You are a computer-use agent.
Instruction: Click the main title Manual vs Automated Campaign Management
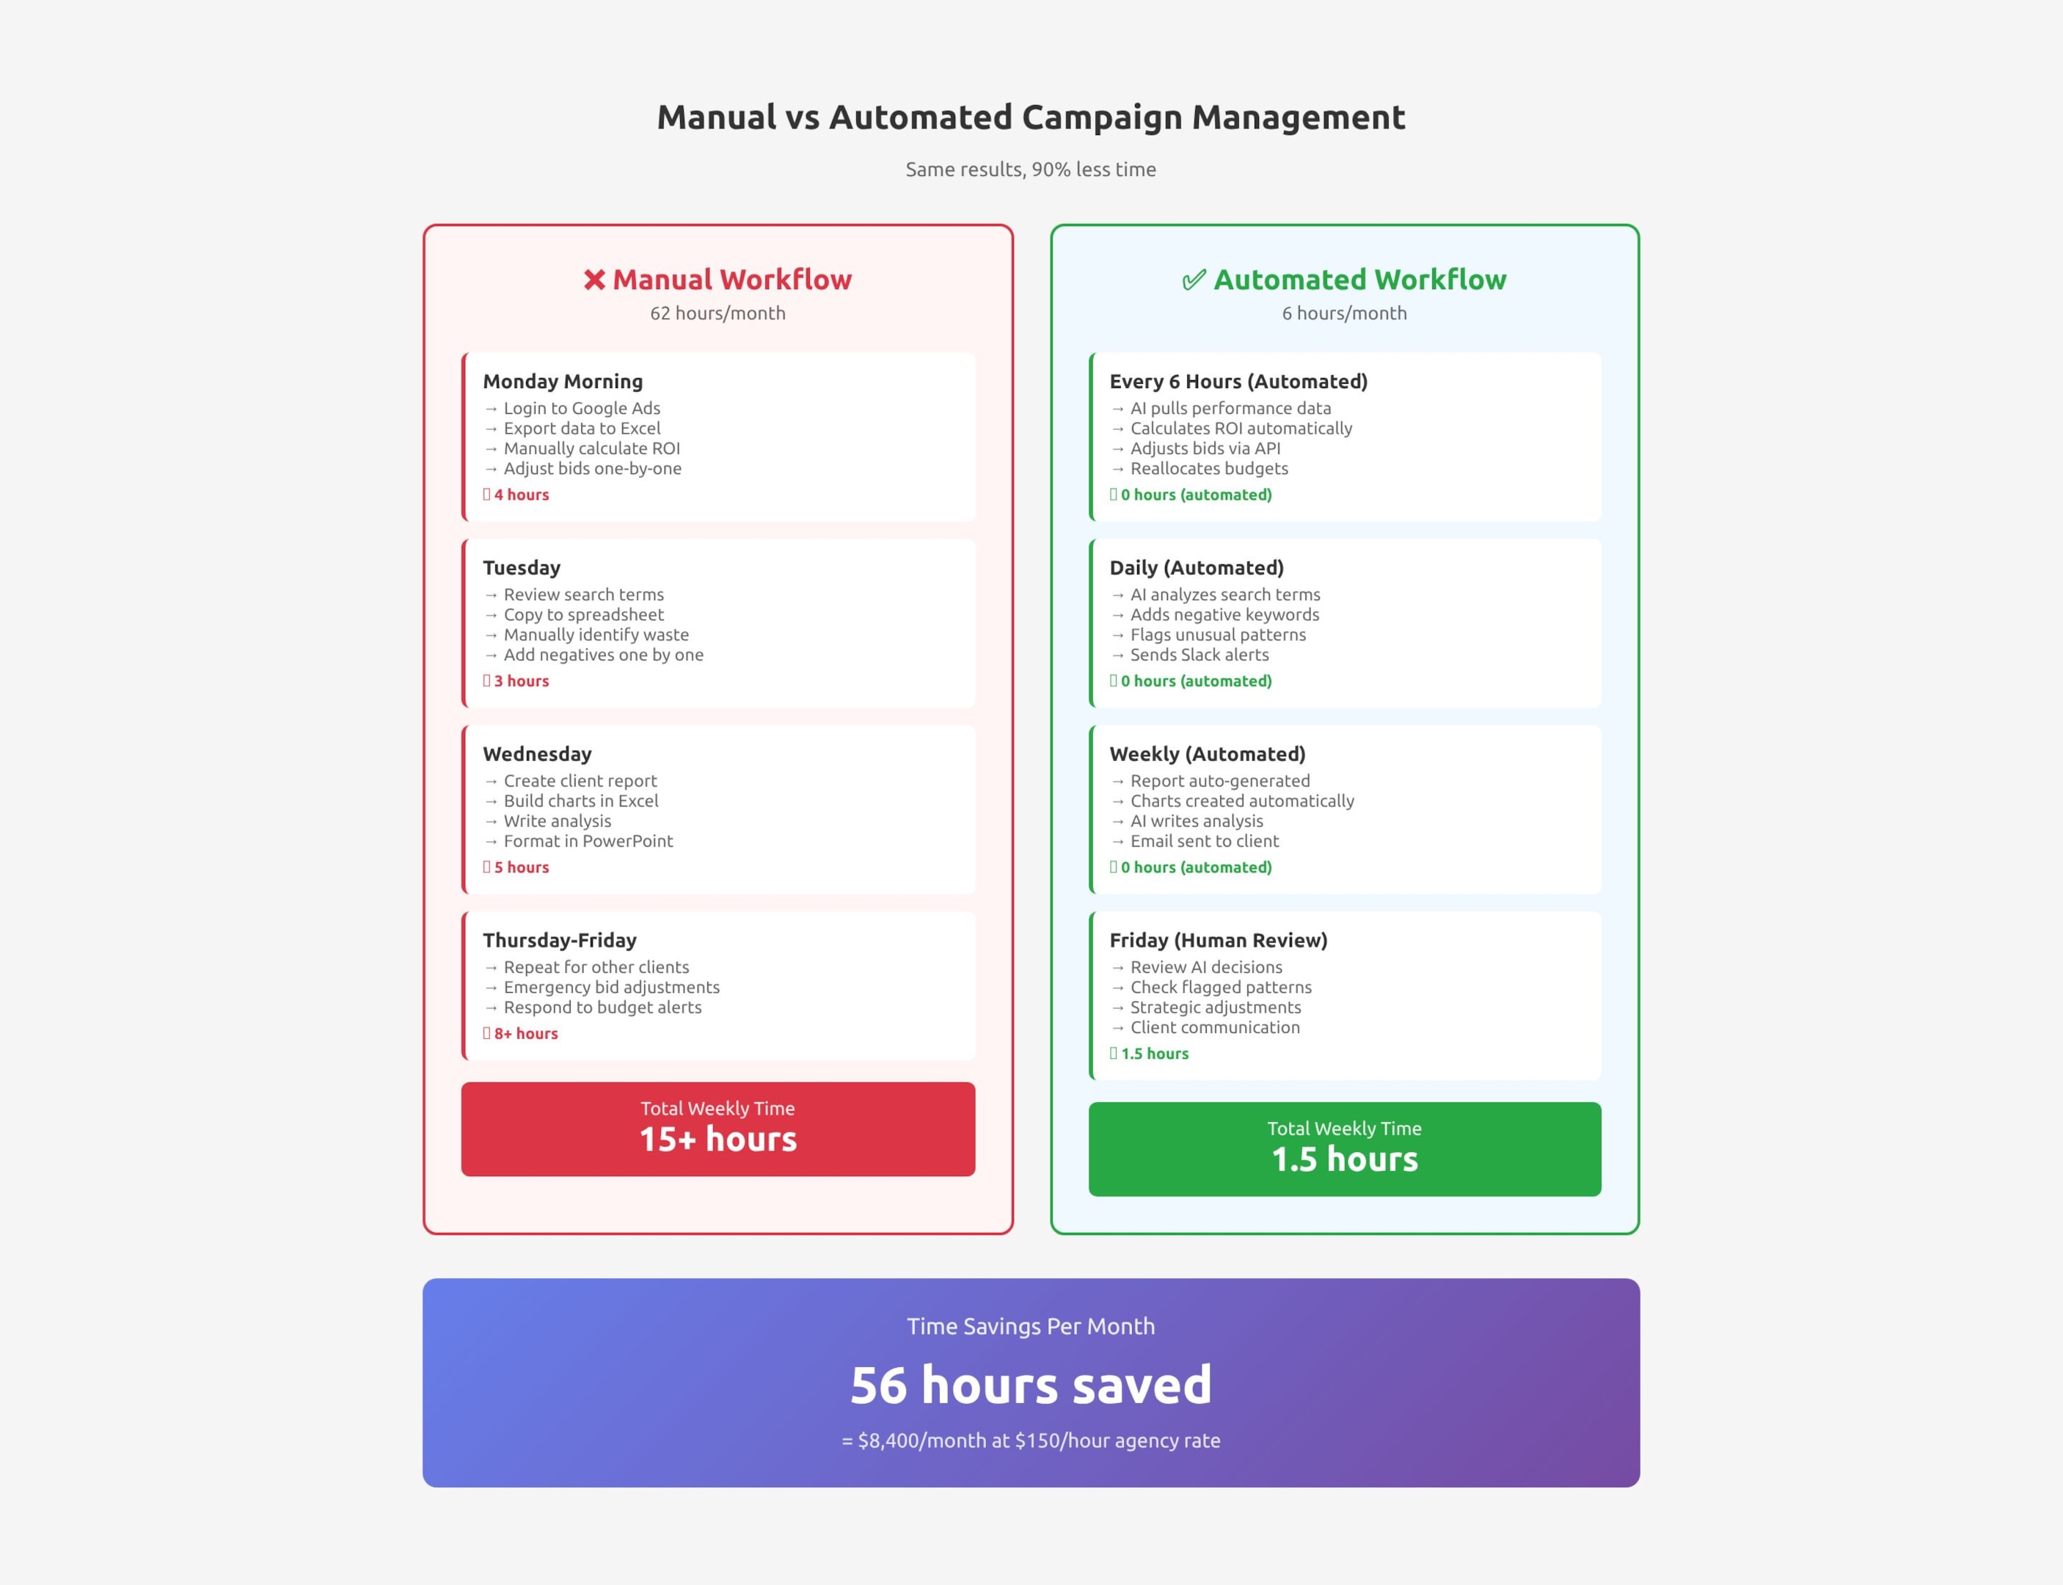[x=1030, y=117]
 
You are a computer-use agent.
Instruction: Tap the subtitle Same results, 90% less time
[x=1030, y=170]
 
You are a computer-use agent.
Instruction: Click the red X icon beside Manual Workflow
[x=594, y=280]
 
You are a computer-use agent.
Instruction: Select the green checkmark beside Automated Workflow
[x=1194, y=280]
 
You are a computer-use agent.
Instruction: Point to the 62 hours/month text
[x=717, y=313]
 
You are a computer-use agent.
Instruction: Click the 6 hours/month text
[x=1343, y=313]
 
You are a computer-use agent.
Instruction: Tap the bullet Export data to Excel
[x=581, y=429]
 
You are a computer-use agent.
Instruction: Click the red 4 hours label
[x=521, y=495]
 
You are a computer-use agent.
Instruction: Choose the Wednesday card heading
[x=537, y=754]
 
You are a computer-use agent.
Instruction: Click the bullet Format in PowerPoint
[x=588, y=841]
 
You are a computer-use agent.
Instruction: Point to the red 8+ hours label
[x=525, y=1033]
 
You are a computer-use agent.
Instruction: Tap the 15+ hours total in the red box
[x=718, y=1139]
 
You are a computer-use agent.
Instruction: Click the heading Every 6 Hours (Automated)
[x=1238, y=381]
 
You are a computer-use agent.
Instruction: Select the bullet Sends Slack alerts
[x=1199, y=655]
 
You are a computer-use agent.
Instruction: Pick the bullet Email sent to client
[x=1204, y=841]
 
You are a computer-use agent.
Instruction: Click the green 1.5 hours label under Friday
[x=1154, y=1054]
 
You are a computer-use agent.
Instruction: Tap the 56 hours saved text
[x=1030, y=1384]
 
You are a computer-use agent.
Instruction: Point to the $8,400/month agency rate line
[x=1030, y=1440]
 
